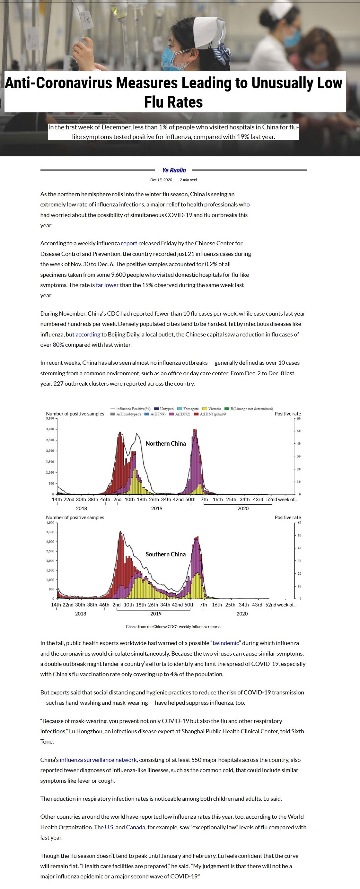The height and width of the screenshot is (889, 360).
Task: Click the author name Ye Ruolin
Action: pos(174,170)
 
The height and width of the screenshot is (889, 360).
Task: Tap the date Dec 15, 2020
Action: pos(161,180)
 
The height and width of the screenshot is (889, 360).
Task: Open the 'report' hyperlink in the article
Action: pos(129,243)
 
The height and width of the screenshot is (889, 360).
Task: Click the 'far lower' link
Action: pos(107,285)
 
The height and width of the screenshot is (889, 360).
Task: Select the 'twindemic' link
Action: pos(226,643)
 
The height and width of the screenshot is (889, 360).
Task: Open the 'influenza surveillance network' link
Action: pos(98,760)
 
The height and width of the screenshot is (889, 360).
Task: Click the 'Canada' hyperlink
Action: pos(135,827)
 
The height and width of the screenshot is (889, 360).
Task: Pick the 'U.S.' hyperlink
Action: pos(110,827)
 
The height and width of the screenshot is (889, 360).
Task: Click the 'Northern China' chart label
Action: pos(165,443)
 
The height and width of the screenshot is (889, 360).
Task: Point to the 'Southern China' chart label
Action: pos(165,554)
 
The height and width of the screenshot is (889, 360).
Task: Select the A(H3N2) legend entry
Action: pos(180,414)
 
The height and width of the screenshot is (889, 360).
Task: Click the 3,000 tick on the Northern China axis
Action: pos(50,429)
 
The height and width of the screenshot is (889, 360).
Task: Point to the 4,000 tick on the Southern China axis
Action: pos(50,522)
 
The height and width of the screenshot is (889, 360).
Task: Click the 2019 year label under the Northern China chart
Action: pos(157,508)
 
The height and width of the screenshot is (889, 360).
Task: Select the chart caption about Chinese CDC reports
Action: pos(173,626)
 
